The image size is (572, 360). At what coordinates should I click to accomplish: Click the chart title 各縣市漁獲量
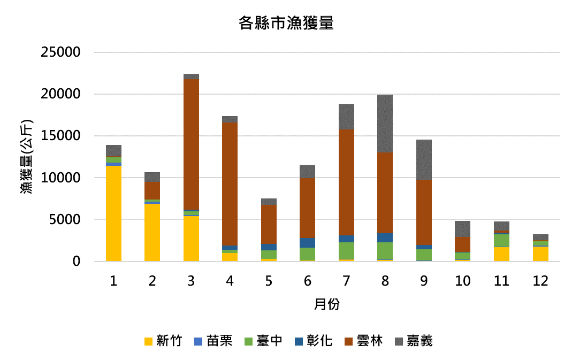pyautogui.click(x=286, y=24)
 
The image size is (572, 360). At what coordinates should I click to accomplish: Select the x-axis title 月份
pyautogui.click(x=327, y=305)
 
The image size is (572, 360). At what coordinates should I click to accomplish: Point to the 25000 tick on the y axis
pyautogui.click(x=60, y=52)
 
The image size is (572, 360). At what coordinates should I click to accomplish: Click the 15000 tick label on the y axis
pyautogui.click(x=60, y=136)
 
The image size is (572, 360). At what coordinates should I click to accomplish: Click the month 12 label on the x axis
pyautogui.click(x=540, y=281)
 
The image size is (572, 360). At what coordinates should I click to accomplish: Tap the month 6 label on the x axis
pyautogui.click(x=308, y=281)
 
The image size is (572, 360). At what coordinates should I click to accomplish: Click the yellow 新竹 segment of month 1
pyautogui.click(x=113, y=213)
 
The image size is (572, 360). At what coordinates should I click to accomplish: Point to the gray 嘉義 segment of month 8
pyautogui.click(x=385, y=124)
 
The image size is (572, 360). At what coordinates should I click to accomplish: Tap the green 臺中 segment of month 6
pyautogui.click(x=308, y=254)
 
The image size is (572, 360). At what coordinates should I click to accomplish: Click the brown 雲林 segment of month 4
pyautogui.click(x=230, y=184)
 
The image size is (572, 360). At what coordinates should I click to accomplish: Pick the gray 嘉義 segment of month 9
pyautogui.click(x=424, y=159)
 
